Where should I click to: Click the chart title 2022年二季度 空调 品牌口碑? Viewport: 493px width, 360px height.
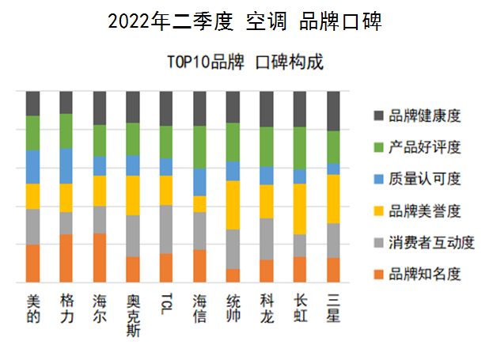245,22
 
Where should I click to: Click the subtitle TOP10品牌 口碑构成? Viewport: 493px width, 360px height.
245,63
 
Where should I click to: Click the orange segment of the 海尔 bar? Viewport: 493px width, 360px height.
100,258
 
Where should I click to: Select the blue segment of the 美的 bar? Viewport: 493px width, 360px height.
32,167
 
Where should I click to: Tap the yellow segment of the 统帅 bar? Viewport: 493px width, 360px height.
233,205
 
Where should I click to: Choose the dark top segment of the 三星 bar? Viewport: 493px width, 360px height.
334,111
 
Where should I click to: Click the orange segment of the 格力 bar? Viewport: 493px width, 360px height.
66,259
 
